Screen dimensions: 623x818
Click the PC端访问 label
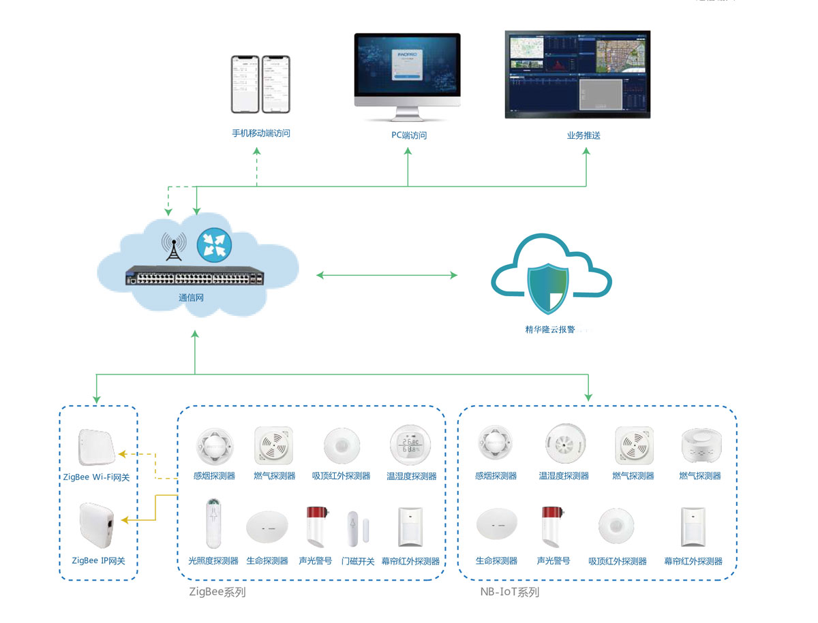coord(408,135)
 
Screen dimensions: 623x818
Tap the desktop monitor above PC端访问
coord(408,71)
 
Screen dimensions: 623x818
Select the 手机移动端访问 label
coord(261,133)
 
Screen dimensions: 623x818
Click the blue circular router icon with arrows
coord(214,244)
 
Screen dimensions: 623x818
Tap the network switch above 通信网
coord(194,278)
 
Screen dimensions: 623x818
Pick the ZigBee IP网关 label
coord(99,561)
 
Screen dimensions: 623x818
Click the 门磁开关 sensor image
coord(352,528)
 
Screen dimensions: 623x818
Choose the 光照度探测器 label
coord(213,561)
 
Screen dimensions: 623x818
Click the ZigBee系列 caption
coord(217,592)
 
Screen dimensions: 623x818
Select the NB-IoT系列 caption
coord(509,592)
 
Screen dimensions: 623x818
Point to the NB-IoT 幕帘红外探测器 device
coord(693,526)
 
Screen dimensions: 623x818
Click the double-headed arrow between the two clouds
coord(387,275)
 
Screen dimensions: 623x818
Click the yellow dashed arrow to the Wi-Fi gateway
coord(147,455)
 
